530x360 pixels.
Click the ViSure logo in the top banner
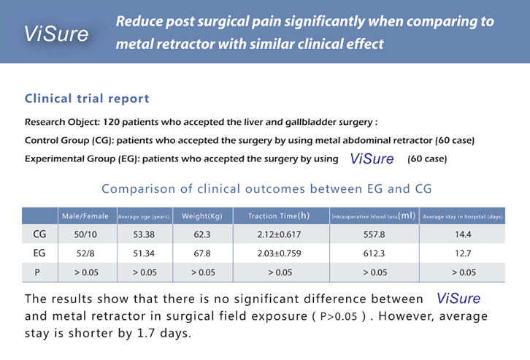coord(56,33)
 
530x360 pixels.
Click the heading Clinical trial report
coord(87,99)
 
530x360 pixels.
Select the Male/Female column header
coord(85,216)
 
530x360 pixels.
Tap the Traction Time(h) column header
coord(279,216)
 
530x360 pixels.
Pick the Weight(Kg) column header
coord(201,216)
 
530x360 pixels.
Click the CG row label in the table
coord(40,234)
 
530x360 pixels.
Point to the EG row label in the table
coord(40,253)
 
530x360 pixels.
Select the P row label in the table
coord(40,272)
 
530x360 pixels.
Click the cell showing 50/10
coord(85,234)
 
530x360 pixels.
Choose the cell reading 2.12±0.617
coord(279,234)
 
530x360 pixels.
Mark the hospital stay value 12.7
coord(463,253)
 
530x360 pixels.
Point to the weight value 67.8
coord(201,253)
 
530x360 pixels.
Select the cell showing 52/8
coord(85,253)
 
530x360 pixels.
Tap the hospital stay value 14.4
coord(463,234)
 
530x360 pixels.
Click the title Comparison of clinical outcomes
coord(266,188)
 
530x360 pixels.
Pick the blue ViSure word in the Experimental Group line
coord(372,158)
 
